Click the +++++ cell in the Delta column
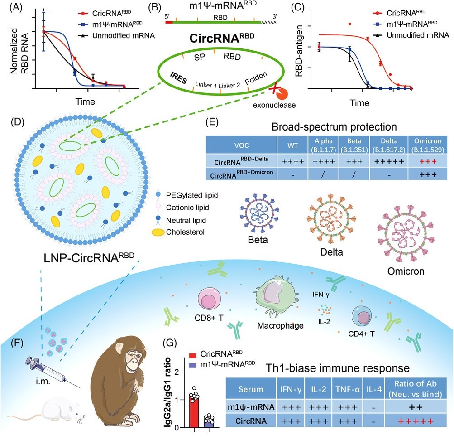click(387, 161)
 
